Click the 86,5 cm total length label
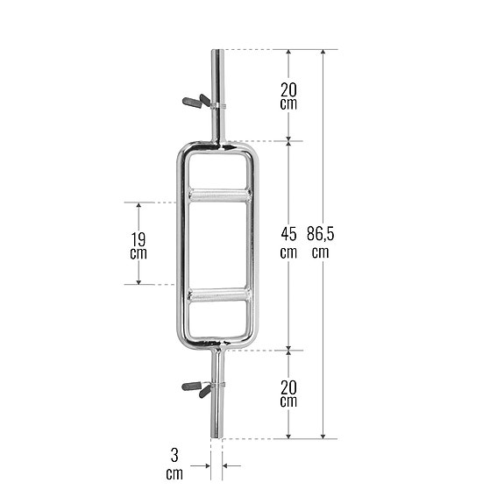[320, 243]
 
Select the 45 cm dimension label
[288, 243]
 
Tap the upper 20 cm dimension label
[288, 95]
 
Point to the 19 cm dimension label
[137, 245]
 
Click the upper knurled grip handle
[217, 195]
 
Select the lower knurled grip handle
[217, 295]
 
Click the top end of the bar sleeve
[217, 53]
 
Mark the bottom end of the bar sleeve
[217, 435]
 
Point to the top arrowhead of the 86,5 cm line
[324, 53]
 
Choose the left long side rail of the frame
[181, 245]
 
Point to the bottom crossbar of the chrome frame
[217, 343]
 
